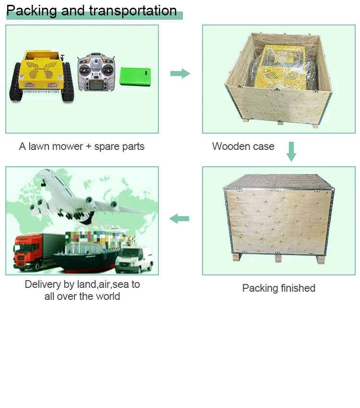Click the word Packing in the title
coord(32,11)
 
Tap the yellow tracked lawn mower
coord(42,74)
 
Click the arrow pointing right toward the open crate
coord(180,74)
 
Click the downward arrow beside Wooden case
coord(291,151)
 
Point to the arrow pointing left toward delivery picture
coord(179,219)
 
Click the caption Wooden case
coord(243,146)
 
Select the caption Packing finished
coord(278,288)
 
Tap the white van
coord(135,260)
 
